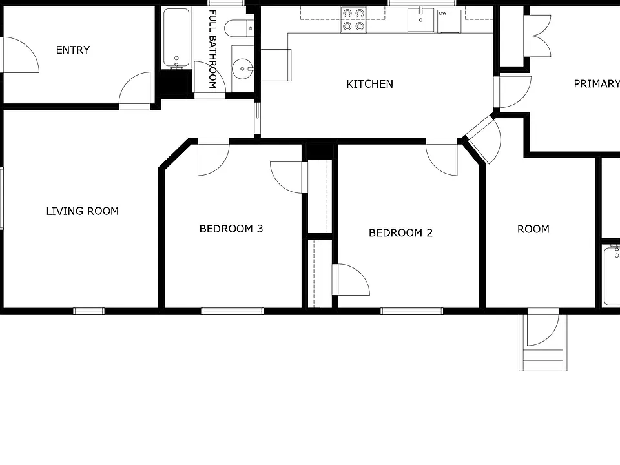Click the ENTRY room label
point(73,50)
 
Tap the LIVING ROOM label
point(82,211)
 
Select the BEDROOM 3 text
point(231,229)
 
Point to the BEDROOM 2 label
point(400,233)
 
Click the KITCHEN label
point(369,84)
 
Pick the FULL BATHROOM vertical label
point(212,49)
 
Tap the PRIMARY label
point(597,84)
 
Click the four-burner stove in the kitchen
point(353,19)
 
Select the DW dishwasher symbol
point(449,21)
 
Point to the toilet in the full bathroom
point(239,28)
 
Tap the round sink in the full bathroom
point(242,69)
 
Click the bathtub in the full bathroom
point(176,38)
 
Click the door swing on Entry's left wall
point(21,55)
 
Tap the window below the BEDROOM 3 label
point(232,311)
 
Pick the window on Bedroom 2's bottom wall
point(411,311)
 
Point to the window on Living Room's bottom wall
point(89,311)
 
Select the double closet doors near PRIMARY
point(538,36)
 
